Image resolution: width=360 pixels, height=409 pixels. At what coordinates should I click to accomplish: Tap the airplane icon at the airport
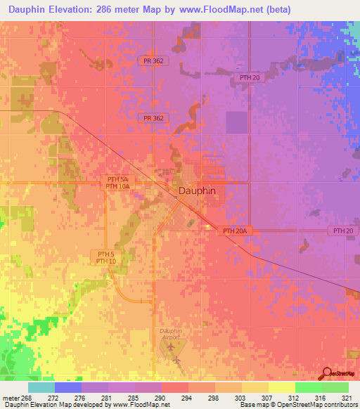(176, 361)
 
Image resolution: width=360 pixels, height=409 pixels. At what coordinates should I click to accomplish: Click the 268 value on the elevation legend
(27, 398)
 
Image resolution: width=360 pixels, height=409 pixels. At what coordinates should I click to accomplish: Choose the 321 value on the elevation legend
(347, 398)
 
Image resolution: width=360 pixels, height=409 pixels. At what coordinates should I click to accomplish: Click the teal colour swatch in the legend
(41, 387)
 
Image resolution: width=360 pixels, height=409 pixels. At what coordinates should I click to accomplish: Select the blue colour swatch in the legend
(68, 387)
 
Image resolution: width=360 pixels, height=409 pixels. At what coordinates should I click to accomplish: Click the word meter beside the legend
(11, 398)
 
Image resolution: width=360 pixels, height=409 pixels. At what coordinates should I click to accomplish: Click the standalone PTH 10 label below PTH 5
(105, 261)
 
